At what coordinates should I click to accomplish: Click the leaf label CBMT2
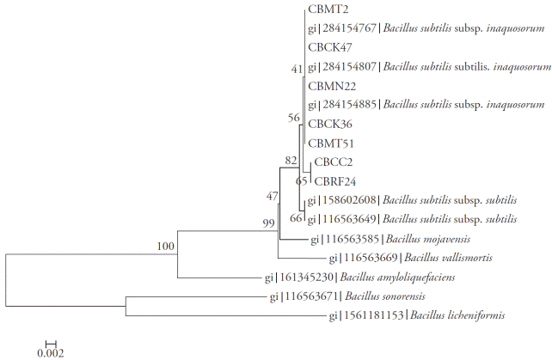coord(325,9)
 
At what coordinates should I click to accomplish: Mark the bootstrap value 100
coord(165,247)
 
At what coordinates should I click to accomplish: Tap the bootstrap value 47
coord(273,197)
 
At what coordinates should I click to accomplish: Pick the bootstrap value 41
coord(297,67)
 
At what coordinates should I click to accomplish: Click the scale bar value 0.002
coord(51,351)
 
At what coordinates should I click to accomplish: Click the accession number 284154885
coord(350,105)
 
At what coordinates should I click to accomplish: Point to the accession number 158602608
coord(351,200)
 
